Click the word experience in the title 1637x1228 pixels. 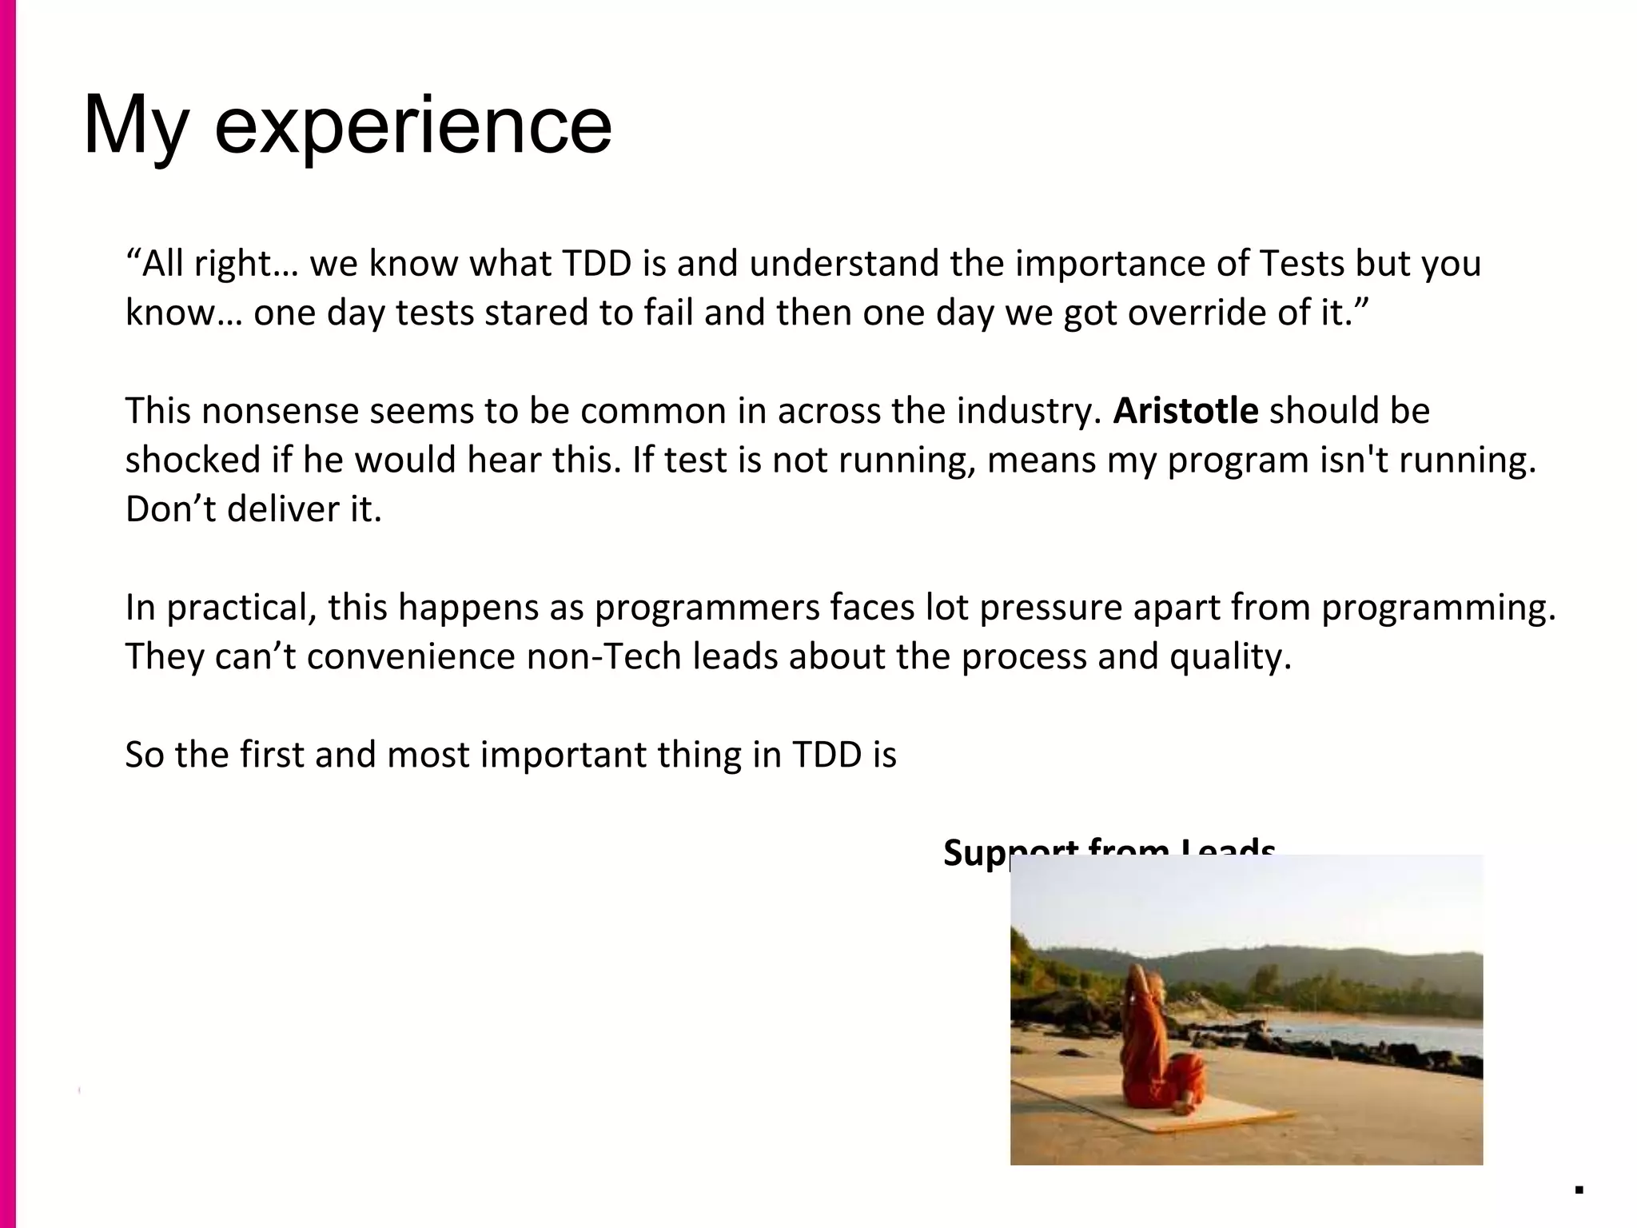coord(412,126)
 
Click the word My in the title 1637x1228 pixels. coord(136,126)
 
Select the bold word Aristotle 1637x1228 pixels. coord(1185,411)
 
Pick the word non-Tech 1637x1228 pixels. coord(605,657)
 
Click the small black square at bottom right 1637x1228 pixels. coord(1579,1189)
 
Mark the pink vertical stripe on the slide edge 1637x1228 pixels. coord(7,614)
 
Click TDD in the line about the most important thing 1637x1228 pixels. coord(826,756)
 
